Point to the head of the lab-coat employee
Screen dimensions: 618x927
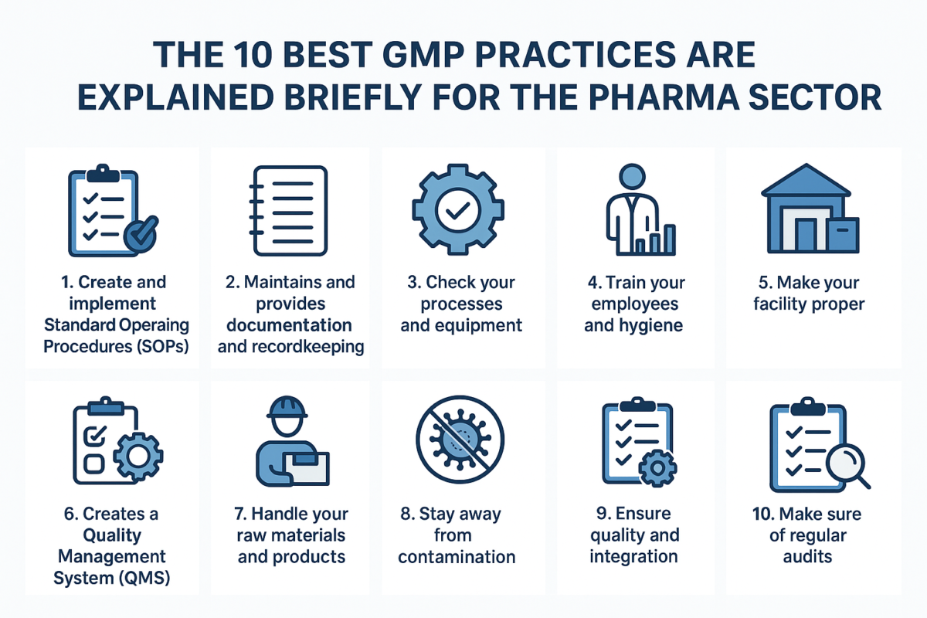pos(631,177)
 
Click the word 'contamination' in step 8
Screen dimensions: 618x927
pos(457,557)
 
